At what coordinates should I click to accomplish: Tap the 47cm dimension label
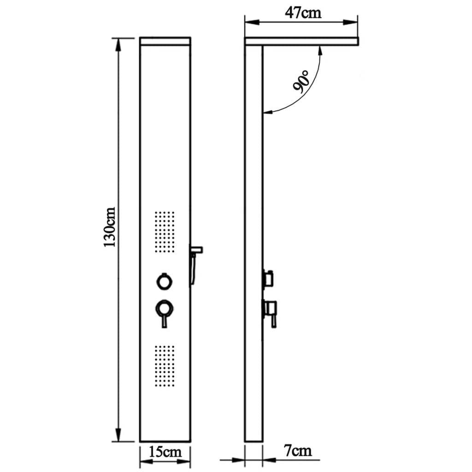pyautogui.click(x=302, y=12)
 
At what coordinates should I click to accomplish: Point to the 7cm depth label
pyautogui.click(x=298, y=450)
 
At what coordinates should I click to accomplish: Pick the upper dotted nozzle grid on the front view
pyautogui.click(x=165, y=232)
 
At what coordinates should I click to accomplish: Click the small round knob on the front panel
pyautogui.click(x=164, y=281)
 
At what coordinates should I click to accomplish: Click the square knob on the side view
pyautogui.click(x=268, y=278)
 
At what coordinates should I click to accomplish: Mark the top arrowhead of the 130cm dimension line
pyautogui.click(x=119, y=42)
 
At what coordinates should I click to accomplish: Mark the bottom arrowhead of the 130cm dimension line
pyautogui.click(x=119, y=437)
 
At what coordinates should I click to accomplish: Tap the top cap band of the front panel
pyautogui.click(x=165, y=41)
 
